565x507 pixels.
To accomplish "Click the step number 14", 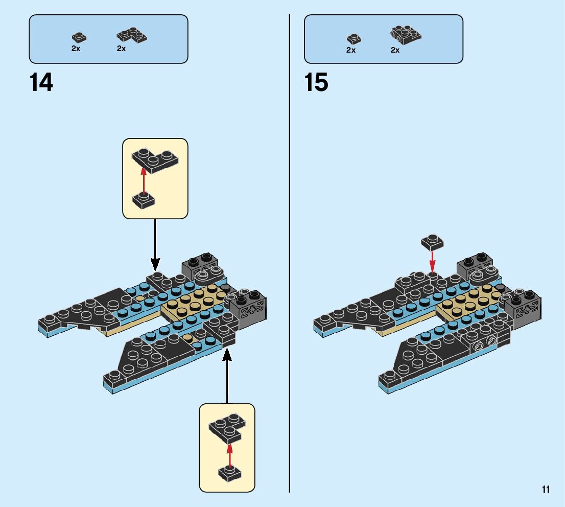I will (41, 83).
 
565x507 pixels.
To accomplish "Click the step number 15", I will (316, 83).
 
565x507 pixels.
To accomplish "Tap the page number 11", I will (546, 490).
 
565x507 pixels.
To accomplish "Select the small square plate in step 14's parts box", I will (79, 37).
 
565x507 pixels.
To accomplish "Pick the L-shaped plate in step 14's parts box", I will (131, 35).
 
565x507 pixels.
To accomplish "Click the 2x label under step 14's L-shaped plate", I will (121, 49).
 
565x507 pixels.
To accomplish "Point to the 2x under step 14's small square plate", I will (76, 49).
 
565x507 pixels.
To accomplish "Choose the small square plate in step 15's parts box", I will (354, 38).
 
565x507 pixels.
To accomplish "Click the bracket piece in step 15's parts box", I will (406, 34).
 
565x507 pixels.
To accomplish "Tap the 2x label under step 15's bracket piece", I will (395, 50).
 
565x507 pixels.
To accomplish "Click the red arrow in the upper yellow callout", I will (144, 179).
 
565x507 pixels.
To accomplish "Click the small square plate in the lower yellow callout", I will (229, 473).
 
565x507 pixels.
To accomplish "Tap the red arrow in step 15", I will (432, 262).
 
